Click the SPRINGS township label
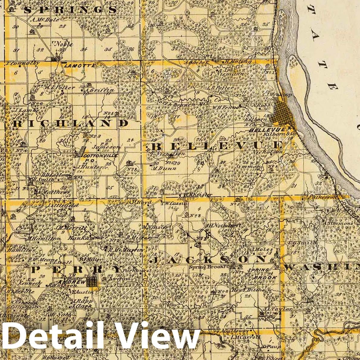click(x=70, y=10)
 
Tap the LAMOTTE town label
click(x=80, y=65)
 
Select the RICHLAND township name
click(x=70, y=123)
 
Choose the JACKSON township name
click(x=208, y=260)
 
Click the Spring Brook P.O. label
click(x=216, y=267)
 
